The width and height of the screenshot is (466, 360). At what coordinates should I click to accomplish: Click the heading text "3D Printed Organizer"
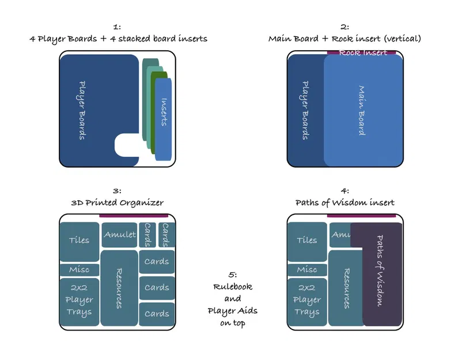click(117, 203)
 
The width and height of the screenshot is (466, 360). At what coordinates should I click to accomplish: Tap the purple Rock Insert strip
click(362, 53)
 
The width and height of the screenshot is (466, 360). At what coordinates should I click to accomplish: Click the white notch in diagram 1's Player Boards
click(127, 145)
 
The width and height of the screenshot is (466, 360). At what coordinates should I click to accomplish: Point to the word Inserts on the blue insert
click(164, 113)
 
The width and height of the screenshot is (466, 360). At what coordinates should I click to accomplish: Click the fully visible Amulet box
click(120, 234)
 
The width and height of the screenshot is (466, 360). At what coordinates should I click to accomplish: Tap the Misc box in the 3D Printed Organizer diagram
click(79, 270)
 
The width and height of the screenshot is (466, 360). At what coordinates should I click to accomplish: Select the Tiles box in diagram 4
click(306, 240)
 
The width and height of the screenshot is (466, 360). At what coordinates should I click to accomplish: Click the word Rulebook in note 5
click(233, 287)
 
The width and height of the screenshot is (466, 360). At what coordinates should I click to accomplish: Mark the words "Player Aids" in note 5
click(233, 311)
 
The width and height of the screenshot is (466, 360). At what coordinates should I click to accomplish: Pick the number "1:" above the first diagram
click(117, 26)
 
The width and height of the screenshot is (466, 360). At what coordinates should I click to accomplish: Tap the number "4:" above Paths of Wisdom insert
click(344, 191)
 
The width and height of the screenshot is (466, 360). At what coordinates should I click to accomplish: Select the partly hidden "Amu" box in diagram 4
click(339, 234)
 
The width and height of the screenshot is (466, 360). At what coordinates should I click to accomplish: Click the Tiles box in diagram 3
click(79, 240)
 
